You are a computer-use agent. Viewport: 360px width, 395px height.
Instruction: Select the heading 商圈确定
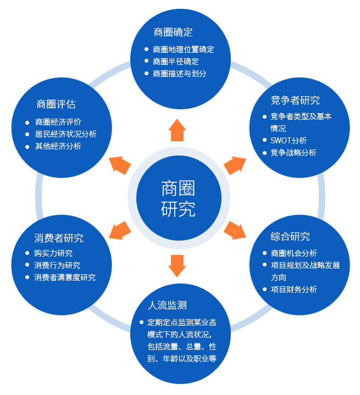point(173,32)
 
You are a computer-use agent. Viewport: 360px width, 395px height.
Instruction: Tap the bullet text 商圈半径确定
point(176,62)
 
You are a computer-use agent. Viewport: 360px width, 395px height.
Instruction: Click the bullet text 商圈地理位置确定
point(184,49)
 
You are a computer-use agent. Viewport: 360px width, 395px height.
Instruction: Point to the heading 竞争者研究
point(295,100)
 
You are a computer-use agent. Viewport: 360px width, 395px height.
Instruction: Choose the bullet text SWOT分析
point(289,141)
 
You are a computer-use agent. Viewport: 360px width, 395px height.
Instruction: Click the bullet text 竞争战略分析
point(293,153)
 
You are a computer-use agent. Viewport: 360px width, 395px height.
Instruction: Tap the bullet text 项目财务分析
point(293,290)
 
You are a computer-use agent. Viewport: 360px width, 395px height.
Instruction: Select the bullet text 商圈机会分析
point(293,253)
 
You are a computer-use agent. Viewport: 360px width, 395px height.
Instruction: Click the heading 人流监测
point(171,304)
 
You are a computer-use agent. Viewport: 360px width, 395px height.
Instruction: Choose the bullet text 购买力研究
point(53,253)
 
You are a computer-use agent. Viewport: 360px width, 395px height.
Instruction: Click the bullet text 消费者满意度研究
point(65,277)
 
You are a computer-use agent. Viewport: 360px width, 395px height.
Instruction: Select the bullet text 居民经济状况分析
point(66,134)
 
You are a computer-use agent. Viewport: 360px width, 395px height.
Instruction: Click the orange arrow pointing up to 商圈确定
point(177,130)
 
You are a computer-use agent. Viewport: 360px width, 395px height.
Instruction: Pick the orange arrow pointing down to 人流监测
point(177,265)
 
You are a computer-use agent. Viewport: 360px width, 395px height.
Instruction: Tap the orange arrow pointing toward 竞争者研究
point(235,164)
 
